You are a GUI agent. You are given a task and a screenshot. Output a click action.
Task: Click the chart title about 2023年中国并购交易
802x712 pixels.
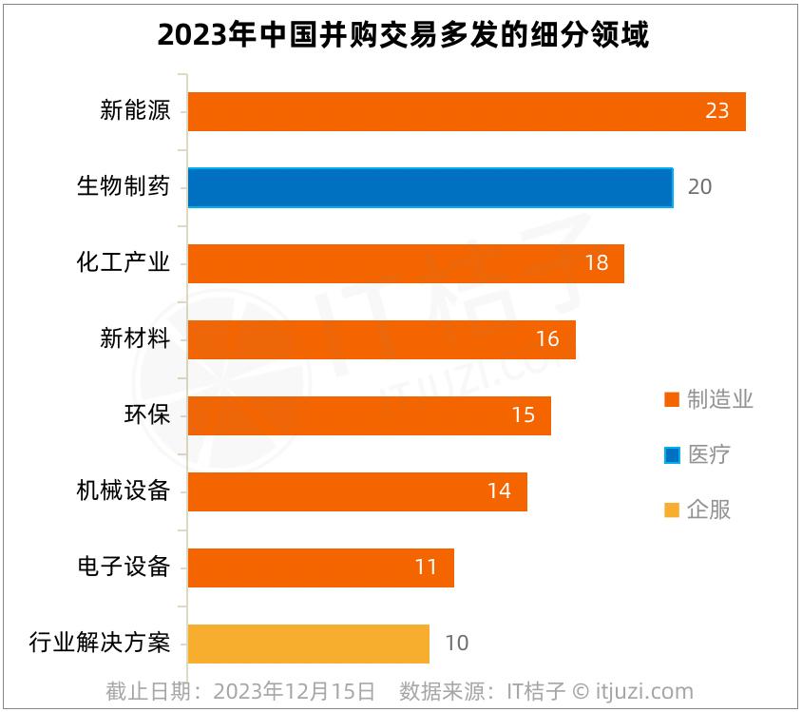[402, 35]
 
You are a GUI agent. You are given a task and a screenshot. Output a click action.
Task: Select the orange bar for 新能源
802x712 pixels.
[466, 111]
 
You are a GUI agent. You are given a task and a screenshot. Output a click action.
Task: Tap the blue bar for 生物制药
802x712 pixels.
[430, 187]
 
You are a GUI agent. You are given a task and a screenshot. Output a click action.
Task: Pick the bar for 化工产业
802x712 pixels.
[405, 263]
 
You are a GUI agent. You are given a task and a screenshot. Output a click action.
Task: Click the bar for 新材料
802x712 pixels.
[381, 339]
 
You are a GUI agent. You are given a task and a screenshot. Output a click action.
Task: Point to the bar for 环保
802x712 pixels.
[369, 415]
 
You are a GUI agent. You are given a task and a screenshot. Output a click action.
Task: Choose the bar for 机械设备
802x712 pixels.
[356, 491]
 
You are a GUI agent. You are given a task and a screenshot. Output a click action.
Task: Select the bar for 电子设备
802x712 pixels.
[320, 568]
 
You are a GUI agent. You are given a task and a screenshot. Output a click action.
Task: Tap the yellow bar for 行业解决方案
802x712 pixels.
[308, 644]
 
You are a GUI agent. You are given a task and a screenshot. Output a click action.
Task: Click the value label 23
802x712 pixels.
[716, 111]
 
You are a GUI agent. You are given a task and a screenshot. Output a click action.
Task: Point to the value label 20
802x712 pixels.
[699, 187]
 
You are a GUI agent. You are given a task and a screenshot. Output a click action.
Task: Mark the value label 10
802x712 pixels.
[456, 644]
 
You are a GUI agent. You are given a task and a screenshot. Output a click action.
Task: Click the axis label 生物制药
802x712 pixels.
[124, 186]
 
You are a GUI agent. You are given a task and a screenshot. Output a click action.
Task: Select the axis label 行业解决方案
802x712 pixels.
[100, 644]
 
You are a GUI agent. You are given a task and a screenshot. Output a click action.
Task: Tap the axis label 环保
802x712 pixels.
[147, 415]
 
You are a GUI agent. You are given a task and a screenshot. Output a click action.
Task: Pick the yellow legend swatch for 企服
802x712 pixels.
[672, 510]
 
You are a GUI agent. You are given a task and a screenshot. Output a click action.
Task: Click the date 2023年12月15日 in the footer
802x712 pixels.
[294, 691]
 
